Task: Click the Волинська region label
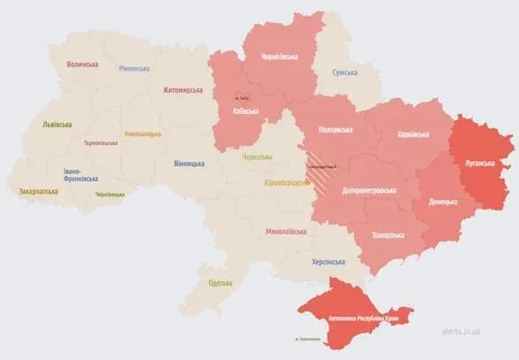pyautogui.click(x=82, y=65)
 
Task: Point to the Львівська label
pyautogui.click(x=57, y=126)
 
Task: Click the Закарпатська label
pyautogui.click(x=39, y=190)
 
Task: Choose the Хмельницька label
pyautogui.click(x=142, y=134)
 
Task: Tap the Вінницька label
pyautogui.click(x=189, y=164)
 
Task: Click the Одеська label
pyautogui.click(x=220, y=283)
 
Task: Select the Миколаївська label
pyautogui.click(x=286, y=232)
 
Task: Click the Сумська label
pyautogui.click(x=345, y=73)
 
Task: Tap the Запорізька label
pyautogui.click(x=386, y=234)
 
